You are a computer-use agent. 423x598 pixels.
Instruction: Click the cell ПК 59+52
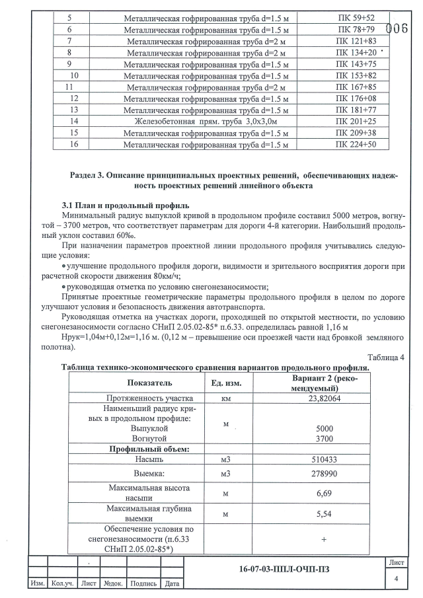(x=356, y=18)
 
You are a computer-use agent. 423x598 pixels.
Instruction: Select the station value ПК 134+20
(x=356, y=52)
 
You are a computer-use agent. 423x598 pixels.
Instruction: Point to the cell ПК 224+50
(x=356, y=144)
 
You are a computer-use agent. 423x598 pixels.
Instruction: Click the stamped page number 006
(x=396, y=29)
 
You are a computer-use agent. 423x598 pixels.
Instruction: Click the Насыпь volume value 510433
(x=324, y=459)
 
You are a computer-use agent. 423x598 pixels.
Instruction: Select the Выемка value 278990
(x=324, y=474)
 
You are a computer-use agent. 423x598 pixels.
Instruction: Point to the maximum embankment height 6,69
(x=324, y=493)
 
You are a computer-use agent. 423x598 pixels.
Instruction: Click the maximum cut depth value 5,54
(x=324, y=513)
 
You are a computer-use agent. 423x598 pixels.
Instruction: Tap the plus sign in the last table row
(x=324, y=539)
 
